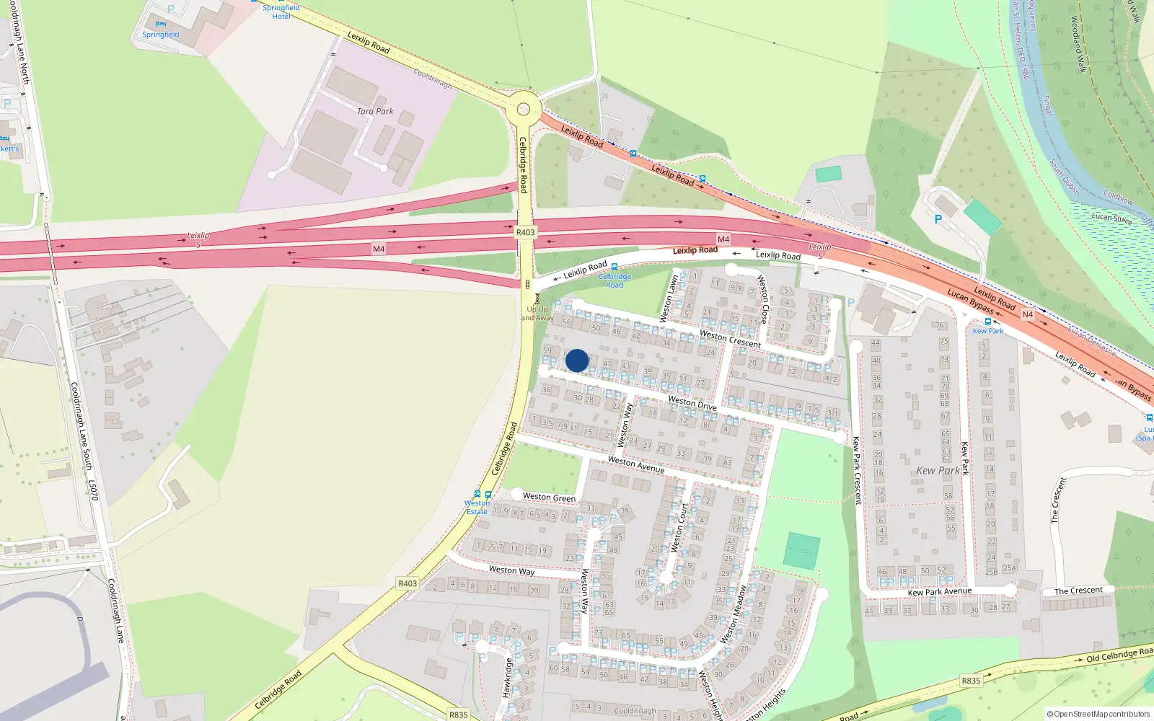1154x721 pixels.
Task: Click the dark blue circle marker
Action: (x=577, y=360)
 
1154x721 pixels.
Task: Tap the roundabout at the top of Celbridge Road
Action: (x=524, y=110)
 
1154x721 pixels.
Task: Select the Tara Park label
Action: (x=375, y=111)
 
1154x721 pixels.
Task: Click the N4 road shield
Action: (x=1028, y=314)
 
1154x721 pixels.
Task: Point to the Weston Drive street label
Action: (x=692, y=402)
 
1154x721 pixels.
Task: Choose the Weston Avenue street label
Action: (x=636, y=464)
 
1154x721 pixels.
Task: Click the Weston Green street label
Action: (x=549, y=497)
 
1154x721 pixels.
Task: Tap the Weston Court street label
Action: (x=679, y=527)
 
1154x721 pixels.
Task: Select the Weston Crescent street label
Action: (x=730, y=339)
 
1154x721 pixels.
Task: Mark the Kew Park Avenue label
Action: (x=939, y=592)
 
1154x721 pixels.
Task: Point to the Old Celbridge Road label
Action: (x=1119, y=655)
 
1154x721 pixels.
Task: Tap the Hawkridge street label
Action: (x=507, y=677)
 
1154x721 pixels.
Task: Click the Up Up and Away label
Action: (x=537, y=313)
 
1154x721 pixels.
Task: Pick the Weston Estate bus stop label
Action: (x=477, y=507)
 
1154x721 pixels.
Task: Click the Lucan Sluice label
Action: (x=1111, y=218)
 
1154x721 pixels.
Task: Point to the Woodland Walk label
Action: (x=1078, y=44)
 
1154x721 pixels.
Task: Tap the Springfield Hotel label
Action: (x=281, y=12)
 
